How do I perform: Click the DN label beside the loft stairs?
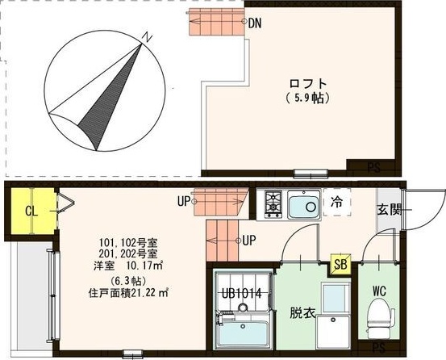(254, 23)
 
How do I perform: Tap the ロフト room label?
(309, 83)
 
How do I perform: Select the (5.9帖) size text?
(309, 98)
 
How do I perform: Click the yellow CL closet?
(31, 211)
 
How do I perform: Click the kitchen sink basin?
(302, 205)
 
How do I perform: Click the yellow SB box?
(342, 264)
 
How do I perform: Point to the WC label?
(380, 291)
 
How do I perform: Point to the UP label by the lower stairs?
(249, 240)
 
